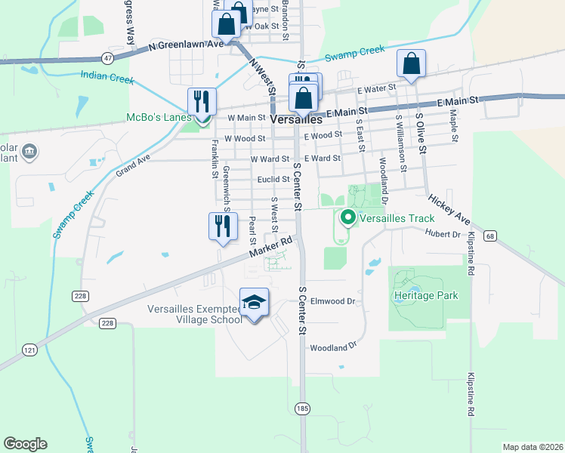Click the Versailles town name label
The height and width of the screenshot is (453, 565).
[296, 119]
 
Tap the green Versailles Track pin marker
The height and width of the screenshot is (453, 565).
[348, 218]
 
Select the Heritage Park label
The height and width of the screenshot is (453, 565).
[425, 295]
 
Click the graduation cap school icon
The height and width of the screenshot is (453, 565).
[255, 303]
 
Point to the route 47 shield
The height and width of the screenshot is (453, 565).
[109, 57]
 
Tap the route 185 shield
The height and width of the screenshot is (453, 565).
[301, 408]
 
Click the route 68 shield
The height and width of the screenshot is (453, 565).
[491, 236]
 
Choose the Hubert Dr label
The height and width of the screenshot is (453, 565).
[443, 234]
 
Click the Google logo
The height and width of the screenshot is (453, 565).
[25, 444]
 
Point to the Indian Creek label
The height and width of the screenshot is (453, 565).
[107, 78]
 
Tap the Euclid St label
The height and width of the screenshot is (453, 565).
[273, 179]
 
